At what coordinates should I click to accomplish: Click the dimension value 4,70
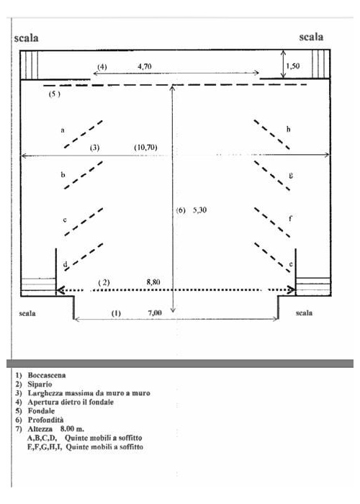(x=145, y=66)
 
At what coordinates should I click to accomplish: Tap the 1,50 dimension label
(x=293, y=66)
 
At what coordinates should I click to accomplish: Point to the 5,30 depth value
(x=199, y=210)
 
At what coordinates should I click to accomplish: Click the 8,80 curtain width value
(x=153, y=282)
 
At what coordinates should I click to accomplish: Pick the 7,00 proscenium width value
(x=155, y=312)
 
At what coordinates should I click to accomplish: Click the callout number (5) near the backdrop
(x=54, y=94)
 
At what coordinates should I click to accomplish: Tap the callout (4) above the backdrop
(x=102, y=67)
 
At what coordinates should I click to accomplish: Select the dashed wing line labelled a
(x=84, y=134)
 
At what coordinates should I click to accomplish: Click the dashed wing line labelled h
(x=272, y=135)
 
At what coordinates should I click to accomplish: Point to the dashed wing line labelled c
(x=84, y=222)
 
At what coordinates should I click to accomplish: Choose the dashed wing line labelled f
(x=272, y=222)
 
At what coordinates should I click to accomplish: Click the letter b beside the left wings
(x=63, y=174)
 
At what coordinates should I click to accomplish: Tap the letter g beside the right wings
(x=291, y=176)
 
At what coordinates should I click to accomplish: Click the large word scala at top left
(x=27, y=38)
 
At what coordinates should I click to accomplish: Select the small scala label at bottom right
(x=304, y=312)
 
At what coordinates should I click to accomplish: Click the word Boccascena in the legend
(x=47, y=375)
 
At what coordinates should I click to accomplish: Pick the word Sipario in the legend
(x=40, y=384)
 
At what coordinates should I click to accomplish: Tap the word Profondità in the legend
(x=45, y=420)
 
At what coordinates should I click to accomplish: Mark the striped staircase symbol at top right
(x=321, y=64)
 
